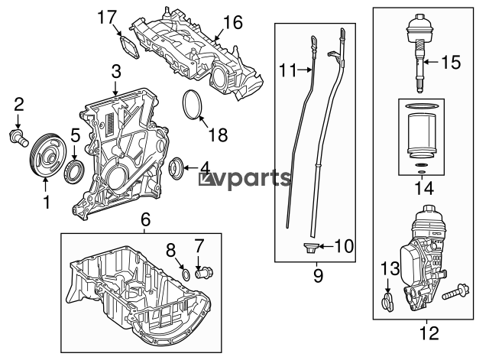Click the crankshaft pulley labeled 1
tap(47, 155)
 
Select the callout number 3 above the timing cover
tap(116, 72)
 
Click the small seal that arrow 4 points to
tap(175, 168)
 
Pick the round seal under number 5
tap(74, 171)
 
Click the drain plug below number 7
tap(205, 274)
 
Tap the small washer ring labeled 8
tap(186, 274)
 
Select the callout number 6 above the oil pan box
tap(145, 220)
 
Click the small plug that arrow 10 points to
tap(310, 248)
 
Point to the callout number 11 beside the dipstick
tap(288, 70)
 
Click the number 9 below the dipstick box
tap(318, 276)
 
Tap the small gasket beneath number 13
tap(387, 302)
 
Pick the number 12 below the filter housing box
tap(429, 332)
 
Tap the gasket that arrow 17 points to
tap(129, 47)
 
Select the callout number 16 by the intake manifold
tap(232, 22)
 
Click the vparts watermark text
tap(245, 179)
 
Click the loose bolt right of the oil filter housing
tap(455, 292)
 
